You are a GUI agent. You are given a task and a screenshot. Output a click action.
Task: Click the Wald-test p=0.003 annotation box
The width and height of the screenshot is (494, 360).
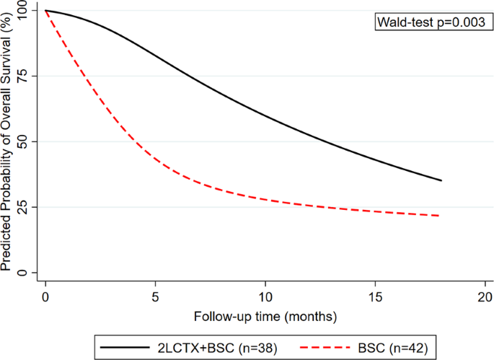(x=430, y=22)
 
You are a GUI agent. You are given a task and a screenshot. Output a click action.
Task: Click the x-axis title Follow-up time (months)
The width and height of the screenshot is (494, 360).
(x=265, y=315)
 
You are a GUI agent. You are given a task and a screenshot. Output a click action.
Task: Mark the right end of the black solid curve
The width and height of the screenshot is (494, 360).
(x=441, y=180)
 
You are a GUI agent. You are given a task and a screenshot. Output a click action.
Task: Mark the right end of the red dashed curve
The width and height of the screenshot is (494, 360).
(x=439, y=216)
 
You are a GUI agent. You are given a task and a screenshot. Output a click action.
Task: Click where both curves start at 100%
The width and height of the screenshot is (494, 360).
(x=45, y=11)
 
